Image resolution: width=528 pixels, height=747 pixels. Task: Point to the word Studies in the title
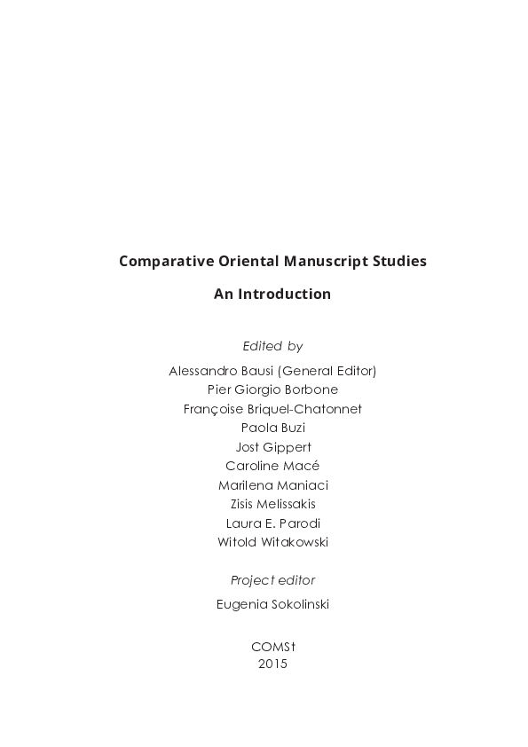point(400,262)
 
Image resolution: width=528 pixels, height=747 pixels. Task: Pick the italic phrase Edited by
point(272,346)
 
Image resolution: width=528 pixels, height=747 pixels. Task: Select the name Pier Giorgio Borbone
point(272,389)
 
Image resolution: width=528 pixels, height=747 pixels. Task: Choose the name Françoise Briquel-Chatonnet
point(272,409)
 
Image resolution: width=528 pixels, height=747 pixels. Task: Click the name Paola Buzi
point(272,428)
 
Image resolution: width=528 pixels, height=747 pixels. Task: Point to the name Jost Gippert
point(272,447)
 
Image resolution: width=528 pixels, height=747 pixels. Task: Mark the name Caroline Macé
point(272,466)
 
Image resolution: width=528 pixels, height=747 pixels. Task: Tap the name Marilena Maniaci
point(272,485)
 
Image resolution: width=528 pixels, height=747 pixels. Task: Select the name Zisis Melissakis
point(272,504)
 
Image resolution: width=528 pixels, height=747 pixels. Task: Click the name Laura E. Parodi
point(272,523)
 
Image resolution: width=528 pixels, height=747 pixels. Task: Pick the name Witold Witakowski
point(272,542)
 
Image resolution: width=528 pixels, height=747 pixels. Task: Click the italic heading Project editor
point(272,580)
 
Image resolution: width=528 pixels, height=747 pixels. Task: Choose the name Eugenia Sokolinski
point(272,604)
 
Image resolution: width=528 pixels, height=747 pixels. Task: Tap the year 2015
point(272,663)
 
